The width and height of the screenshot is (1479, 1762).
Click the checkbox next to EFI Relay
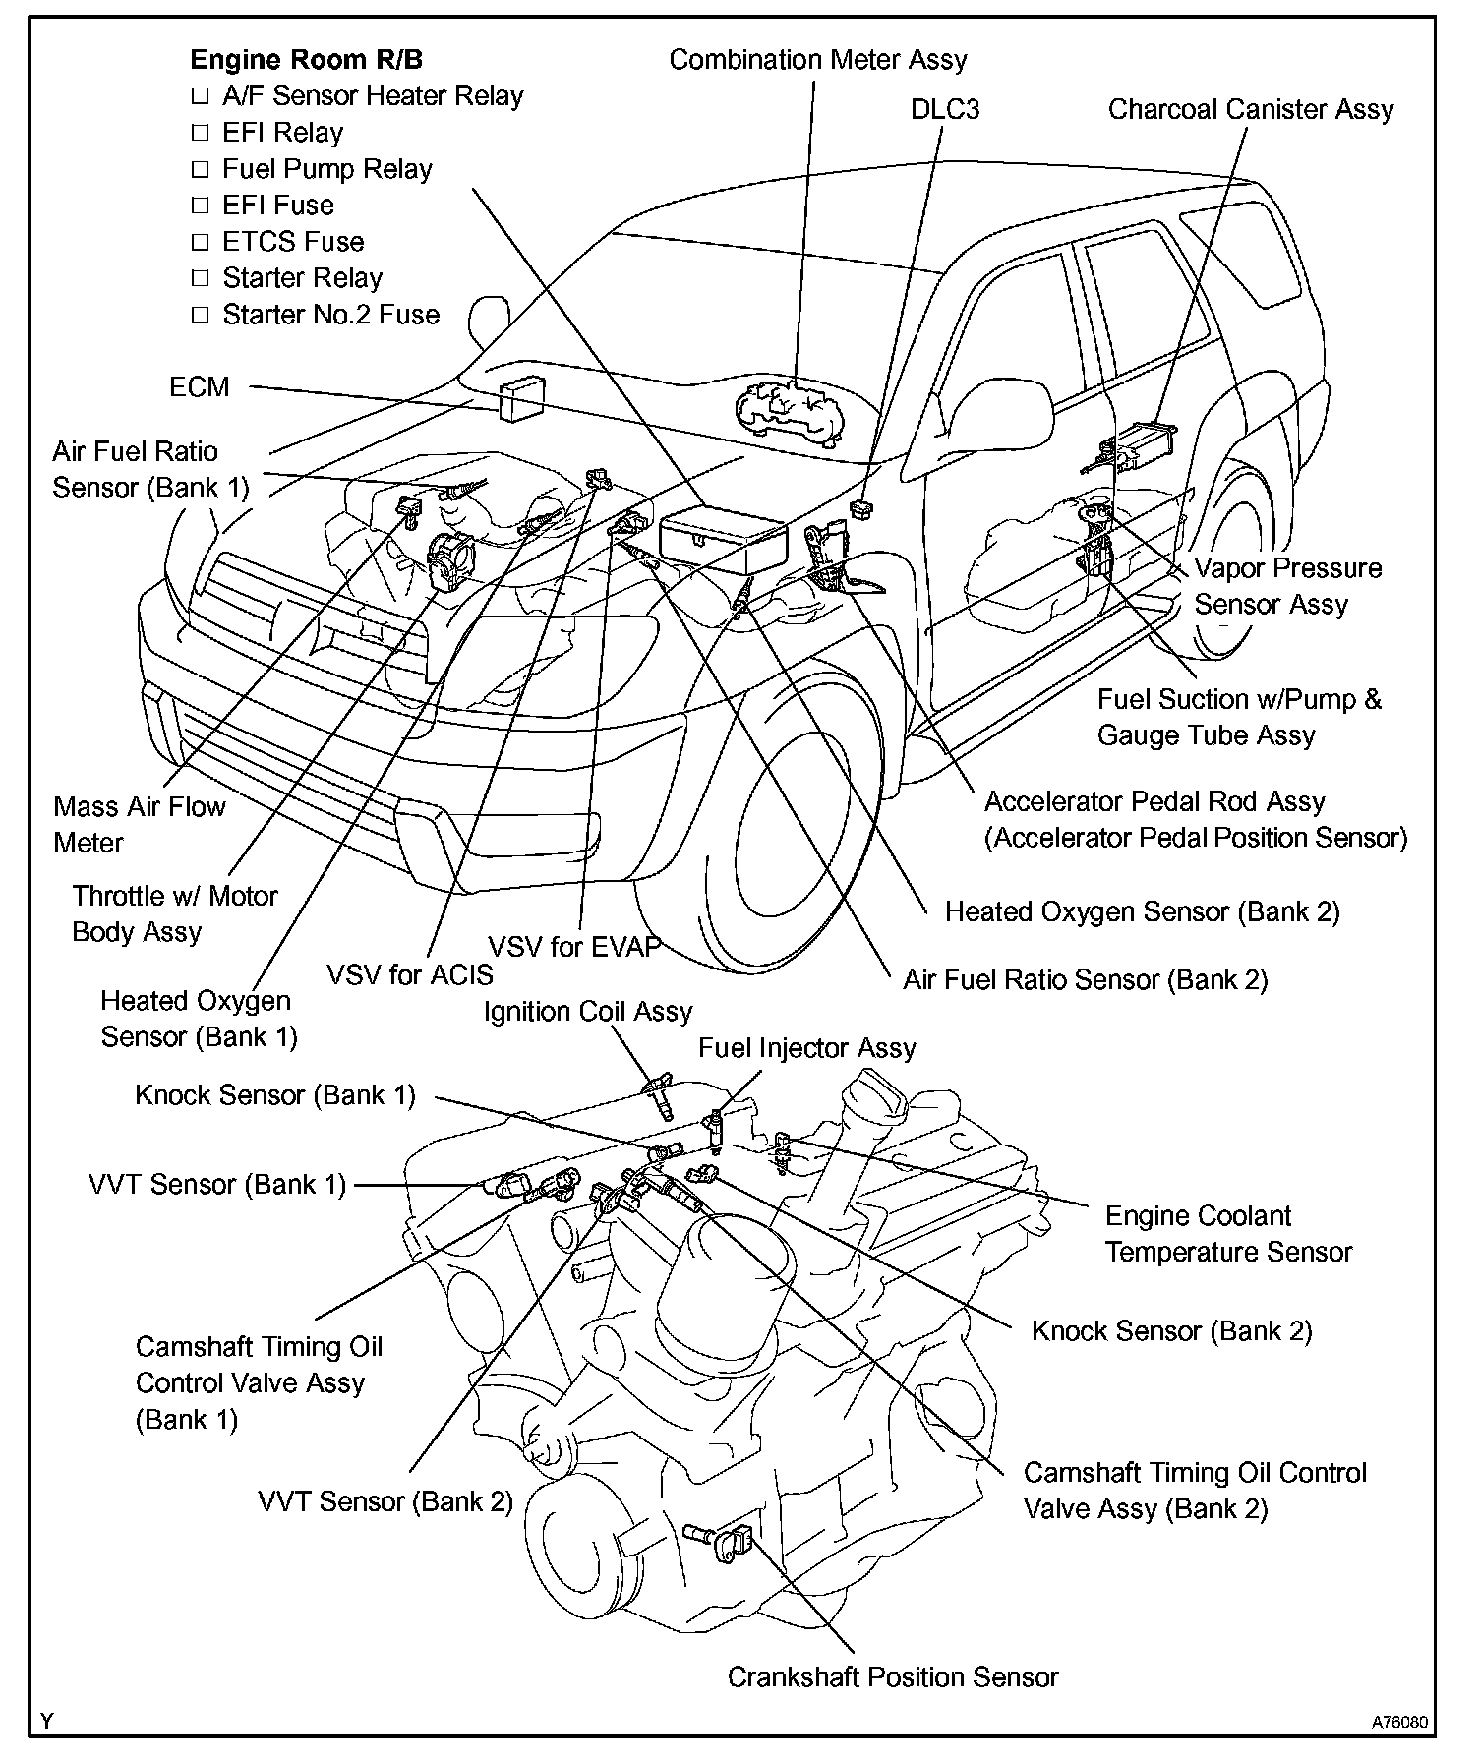[x=201, y=133]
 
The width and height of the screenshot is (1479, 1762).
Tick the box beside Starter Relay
[x=201, y=278]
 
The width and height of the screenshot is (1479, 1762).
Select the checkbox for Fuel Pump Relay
[x=201, y=169]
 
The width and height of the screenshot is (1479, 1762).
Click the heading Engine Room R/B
[x=306, y=60]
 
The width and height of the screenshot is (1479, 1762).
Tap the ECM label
[x=200, y=387]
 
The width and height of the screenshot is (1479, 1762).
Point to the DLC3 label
[x=945, y=109]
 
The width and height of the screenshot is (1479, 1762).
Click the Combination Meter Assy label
[x=818, y=60]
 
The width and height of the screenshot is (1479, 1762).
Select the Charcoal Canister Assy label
[x=1251, y=109]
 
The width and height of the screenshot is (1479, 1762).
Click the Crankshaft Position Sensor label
[x=893, y=1676]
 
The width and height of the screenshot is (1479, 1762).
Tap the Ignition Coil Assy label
[x=588, y=1012]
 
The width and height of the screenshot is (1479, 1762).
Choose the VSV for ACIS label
[x=410, y=974]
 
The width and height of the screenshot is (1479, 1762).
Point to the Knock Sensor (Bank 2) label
[x=1172, y=1331]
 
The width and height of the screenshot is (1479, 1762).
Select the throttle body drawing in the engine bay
[x=453, y=560]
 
